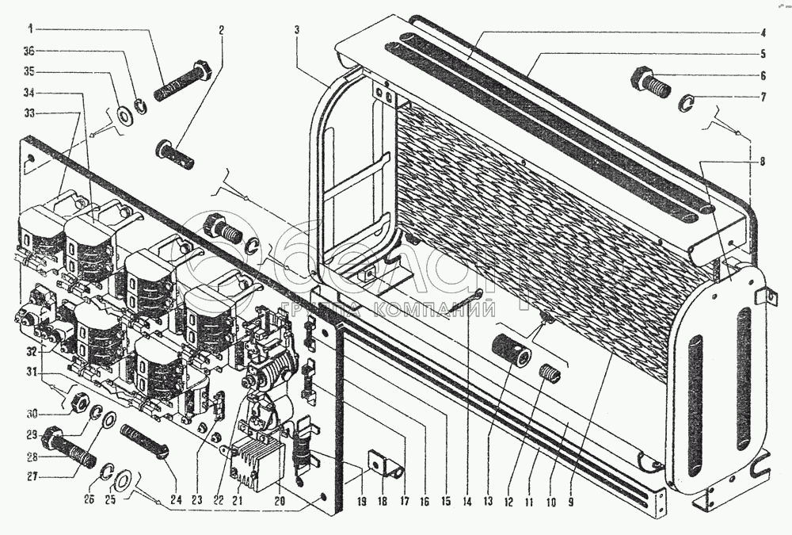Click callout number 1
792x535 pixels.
click(x=31, y=29)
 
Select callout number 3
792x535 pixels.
click(x=295, y=30)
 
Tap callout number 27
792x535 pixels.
click(x=32, y=477)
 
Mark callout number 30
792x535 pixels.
click(x=32, y=412)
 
